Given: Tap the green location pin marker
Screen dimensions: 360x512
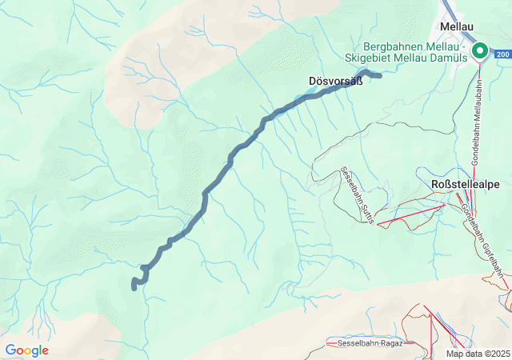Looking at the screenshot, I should coord(480,51).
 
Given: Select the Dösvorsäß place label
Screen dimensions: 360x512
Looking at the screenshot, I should coord(330,81).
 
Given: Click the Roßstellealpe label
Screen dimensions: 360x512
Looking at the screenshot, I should coord(465,184).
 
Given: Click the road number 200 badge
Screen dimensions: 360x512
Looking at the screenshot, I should coord(502,54).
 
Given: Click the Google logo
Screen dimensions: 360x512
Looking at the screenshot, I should coord(26,350).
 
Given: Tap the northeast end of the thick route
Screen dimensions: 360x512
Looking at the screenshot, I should coord(378,75).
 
